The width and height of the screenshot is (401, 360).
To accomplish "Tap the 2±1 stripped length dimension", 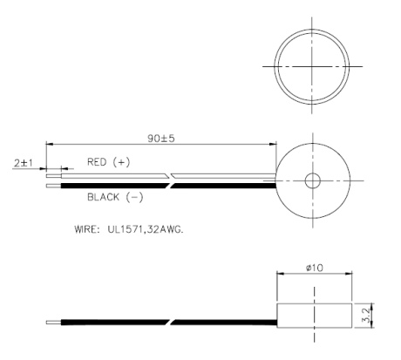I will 24,162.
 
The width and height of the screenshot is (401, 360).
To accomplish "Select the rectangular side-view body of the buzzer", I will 313,311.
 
